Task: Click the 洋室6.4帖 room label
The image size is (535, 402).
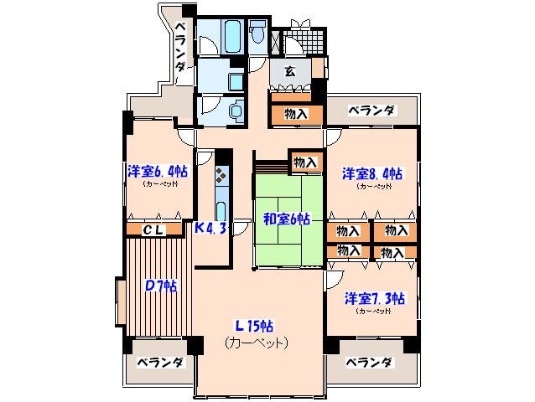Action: tap(158, 172)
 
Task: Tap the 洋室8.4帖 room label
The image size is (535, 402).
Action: tap(371, 174)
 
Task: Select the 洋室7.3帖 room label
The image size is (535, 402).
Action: tap(374, 297)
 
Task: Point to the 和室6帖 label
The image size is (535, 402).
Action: tap(287, 219)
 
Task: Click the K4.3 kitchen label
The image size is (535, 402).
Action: tap(210, 228)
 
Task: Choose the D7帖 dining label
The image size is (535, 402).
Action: tap(158, 286)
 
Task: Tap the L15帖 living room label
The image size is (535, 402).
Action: tap(257, 326)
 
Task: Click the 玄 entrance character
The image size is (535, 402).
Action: tap(288, 72)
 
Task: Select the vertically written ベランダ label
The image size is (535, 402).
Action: tap(180, 49)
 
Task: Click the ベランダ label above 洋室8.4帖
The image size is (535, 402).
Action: tap(371, 110)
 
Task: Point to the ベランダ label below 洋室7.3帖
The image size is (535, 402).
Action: tap(369, 363)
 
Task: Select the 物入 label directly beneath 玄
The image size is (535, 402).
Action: tap(294, 114)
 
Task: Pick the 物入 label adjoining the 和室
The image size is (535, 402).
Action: tap(305, 162)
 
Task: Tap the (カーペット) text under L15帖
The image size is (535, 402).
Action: tap(257, 343)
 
